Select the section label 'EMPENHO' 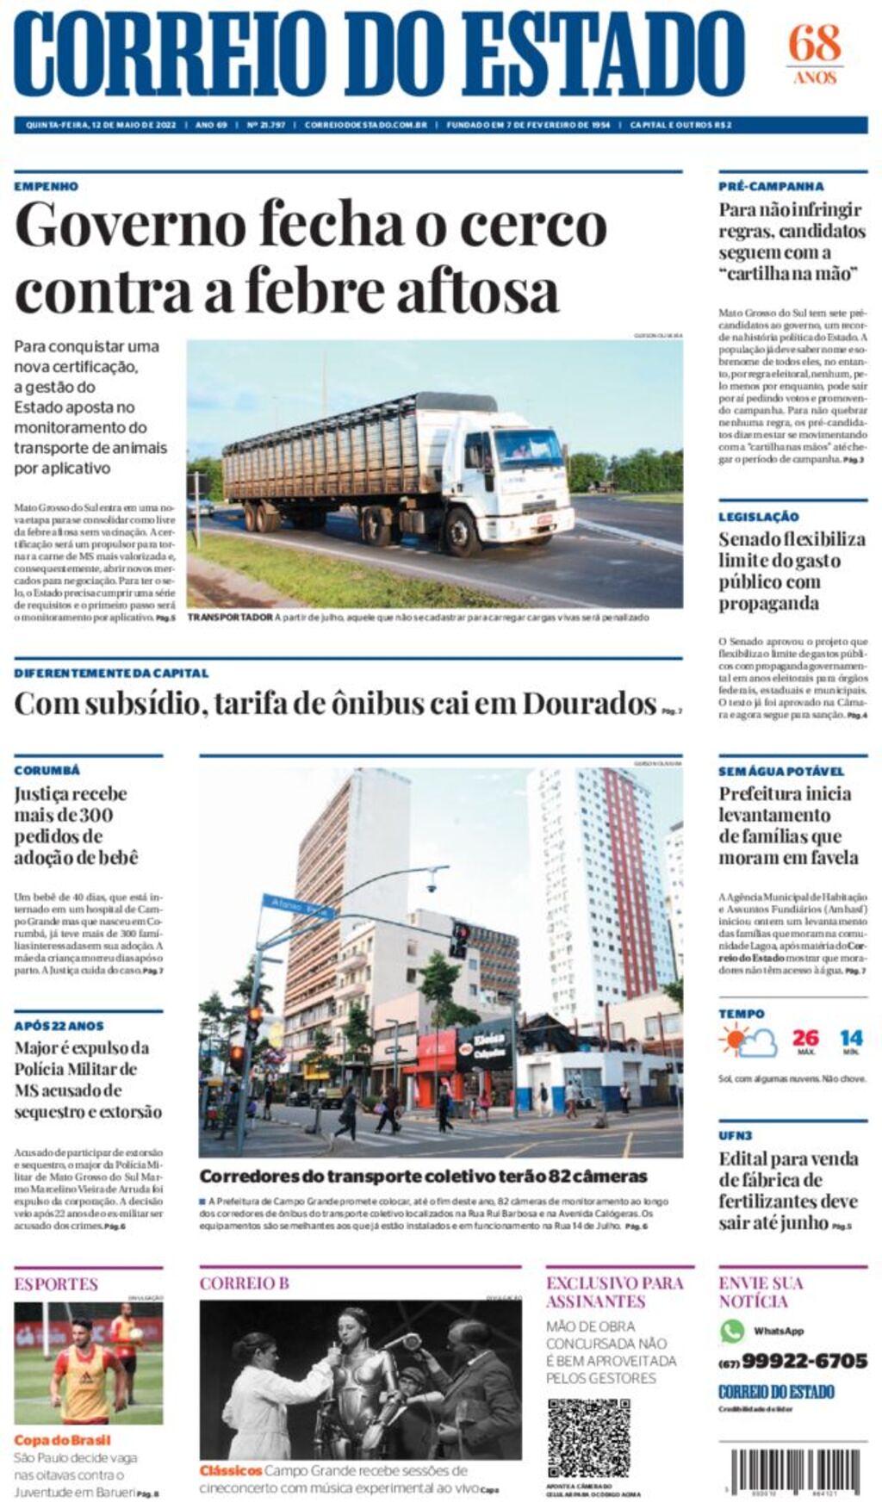tap(46, 186)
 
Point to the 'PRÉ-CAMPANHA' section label tap(771, 186)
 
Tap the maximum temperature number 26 tap(805, 1038)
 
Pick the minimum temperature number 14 tap(851, 1038)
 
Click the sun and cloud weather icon tap(748, 1042)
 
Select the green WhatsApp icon tap(732, 1331)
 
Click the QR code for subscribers tap(588, 1438)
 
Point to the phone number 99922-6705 tap(804, 1361)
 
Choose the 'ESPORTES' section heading tap(56, 1284)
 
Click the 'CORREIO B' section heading tap(244, 1283)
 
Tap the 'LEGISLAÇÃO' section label tap(759, 517)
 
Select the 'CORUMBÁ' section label tap(47, 770)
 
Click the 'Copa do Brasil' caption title tap(62, 1440)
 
